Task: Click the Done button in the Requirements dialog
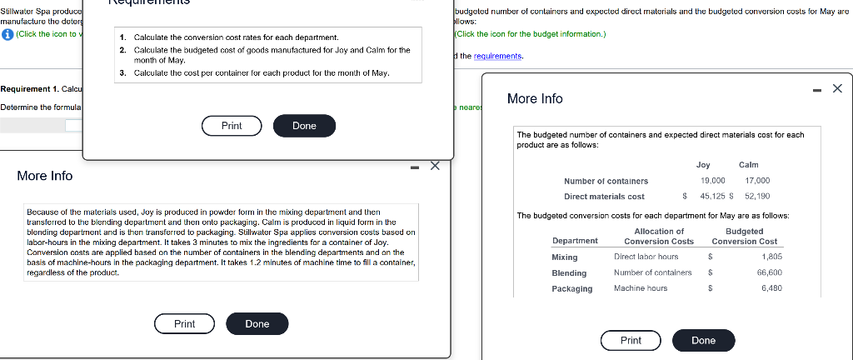(304, 126)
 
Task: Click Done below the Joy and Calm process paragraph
(257, 323)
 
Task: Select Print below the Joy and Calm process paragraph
(185, 323)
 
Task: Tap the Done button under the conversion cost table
(703, 340)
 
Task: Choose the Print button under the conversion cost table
(631, 340)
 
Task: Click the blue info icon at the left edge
(7, 33)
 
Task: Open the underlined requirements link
(498, 55)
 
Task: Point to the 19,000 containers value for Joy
(712, 181)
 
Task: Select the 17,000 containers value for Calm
(757, 181)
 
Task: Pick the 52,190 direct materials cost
(757, 197)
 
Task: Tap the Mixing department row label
(565, 257)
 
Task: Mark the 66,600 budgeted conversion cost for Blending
(769, 273)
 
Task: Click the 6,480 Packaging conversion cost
(771, 288)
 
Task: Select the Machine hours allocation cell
(640, 288)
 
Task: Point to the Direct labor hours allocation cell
(646, 257)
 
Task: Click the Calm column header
(748, 165)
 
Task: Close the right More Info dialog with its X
(837, 88)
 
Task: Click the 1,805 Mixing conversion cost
(771, 257)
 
